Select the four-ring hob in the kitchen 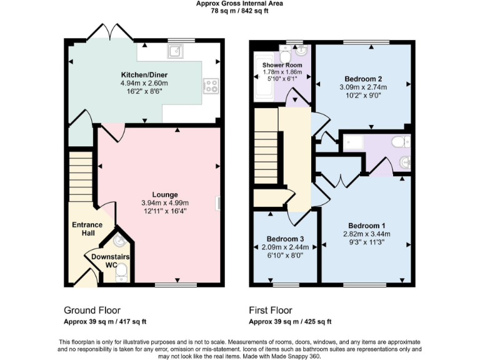coord(211,86)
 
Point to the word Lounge coord(164,194)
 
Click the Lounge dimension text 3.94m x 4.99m coord(164,202)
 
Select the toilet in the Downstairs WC coord(122,270)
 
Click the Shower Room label coord(282,65)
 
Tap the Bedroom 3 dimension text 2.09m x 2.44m coord(285,247)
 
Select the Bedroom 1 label coord(366,225)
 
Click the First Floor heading coord(270,310)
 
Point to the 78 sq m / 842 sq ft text coord(239,11)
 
